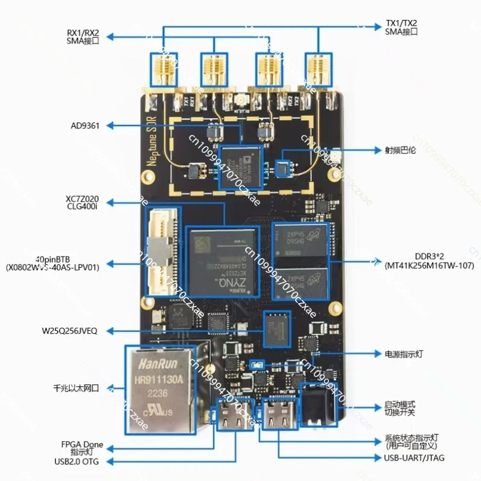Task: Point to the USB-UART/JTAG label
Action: pyautogui.click(x=414, y=458)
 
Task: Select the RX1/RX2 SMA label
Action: pyautogui.click(x=83, y=35)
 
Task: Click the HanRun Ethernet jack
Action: pyautogui.click(x=162, y=387)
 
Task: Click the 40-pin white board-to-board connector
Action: pyautogui.click(x=162, y=253)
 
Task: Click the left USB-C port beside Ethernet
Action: pyautogui.click(x=232, y=413)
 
